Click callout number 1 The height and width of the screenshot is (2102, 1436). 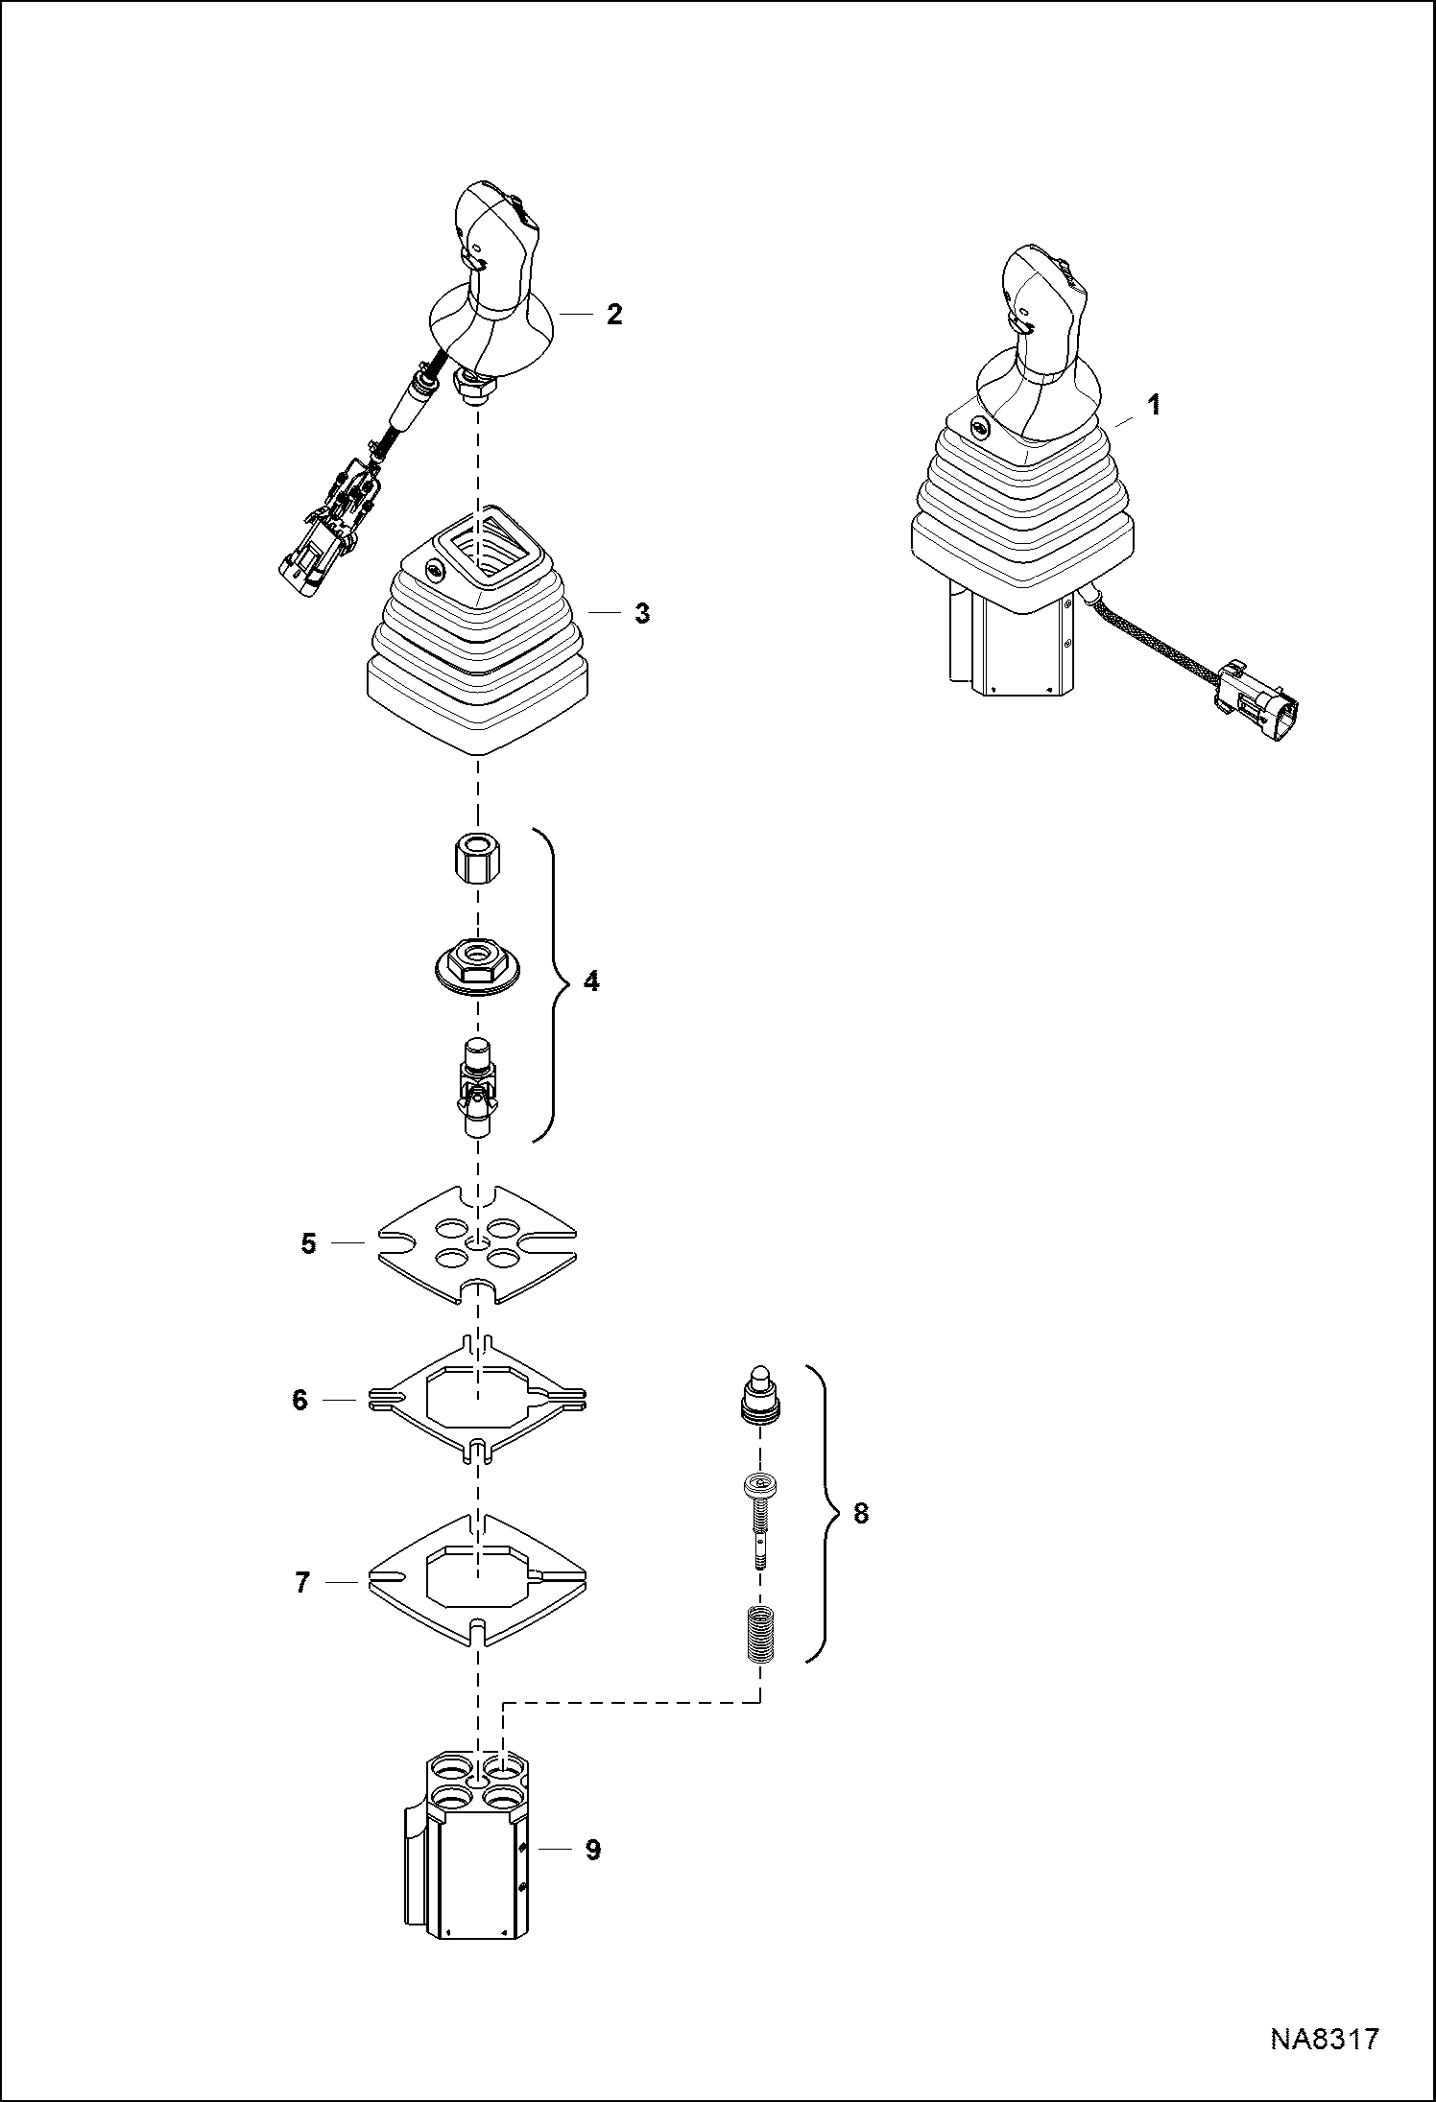(1155, 405)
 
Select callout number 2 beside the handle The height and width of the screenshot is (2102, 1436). (613, 314)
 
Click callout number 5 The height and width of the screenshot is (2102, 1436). (308, 1244)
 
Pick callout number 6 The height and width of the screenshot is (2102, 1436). (299, 1400)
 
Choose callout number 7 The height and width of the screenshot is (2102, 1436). (302, 1582)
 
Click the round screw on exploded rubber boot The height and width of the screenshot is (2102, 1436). (436, 573)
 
